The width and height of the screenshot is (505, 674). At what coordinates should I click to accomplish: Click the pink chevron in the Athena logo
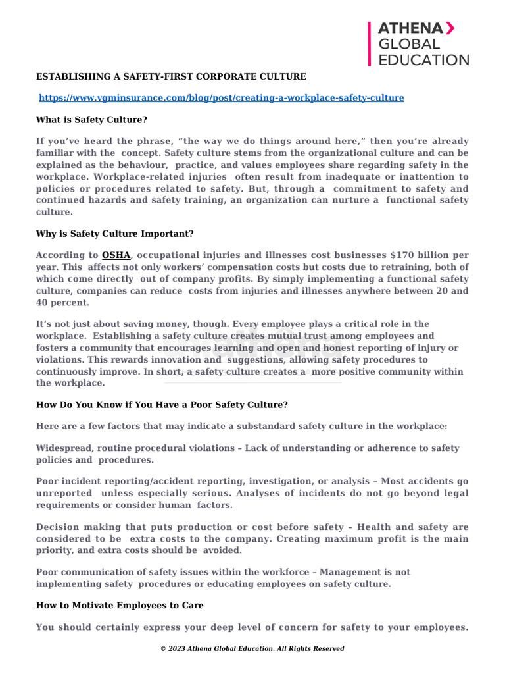[449, 28]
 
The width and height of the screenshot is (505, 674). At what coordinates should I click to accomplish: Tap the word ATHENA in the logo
[409, 28]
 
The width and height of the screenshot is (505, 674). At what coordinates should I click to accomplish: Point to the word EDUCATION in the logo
[423, 60]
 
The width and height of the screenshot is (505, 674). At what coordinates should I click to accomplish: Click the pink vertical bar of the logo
[370, 43]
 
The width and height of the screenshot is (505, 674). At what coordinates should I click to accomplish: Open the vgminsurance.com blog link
[222, 98]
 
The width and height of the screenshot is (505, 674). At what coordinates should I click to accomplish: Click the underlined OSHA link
[116, 255]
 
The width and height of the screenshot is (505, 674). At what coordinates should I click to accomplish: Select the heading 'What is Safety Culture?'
[91, 120]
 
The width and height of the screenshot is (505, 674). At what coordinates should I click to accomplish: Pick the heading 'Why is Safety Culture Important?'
[114, 234]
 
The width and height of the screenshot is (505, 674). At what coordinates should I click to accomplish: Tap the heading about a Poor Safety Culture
[162, 405]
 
